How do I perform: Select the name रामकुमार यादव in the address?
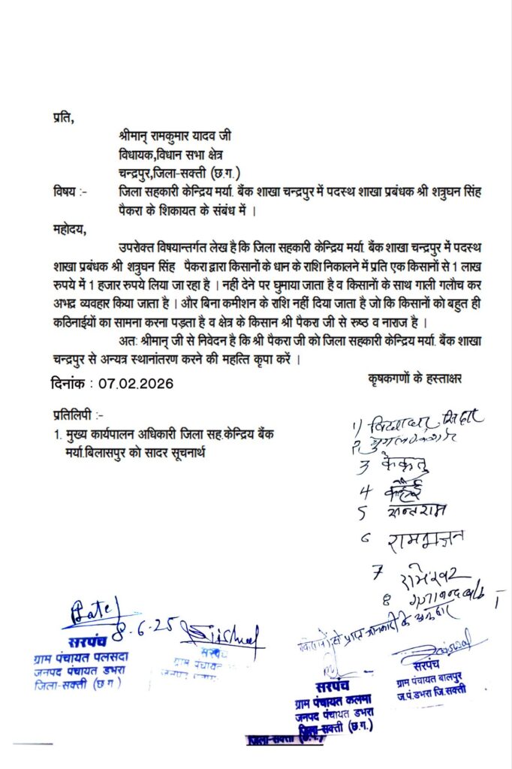(x=184, y=136)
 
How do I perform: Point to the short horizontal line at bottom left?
(x=32, y=744)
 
